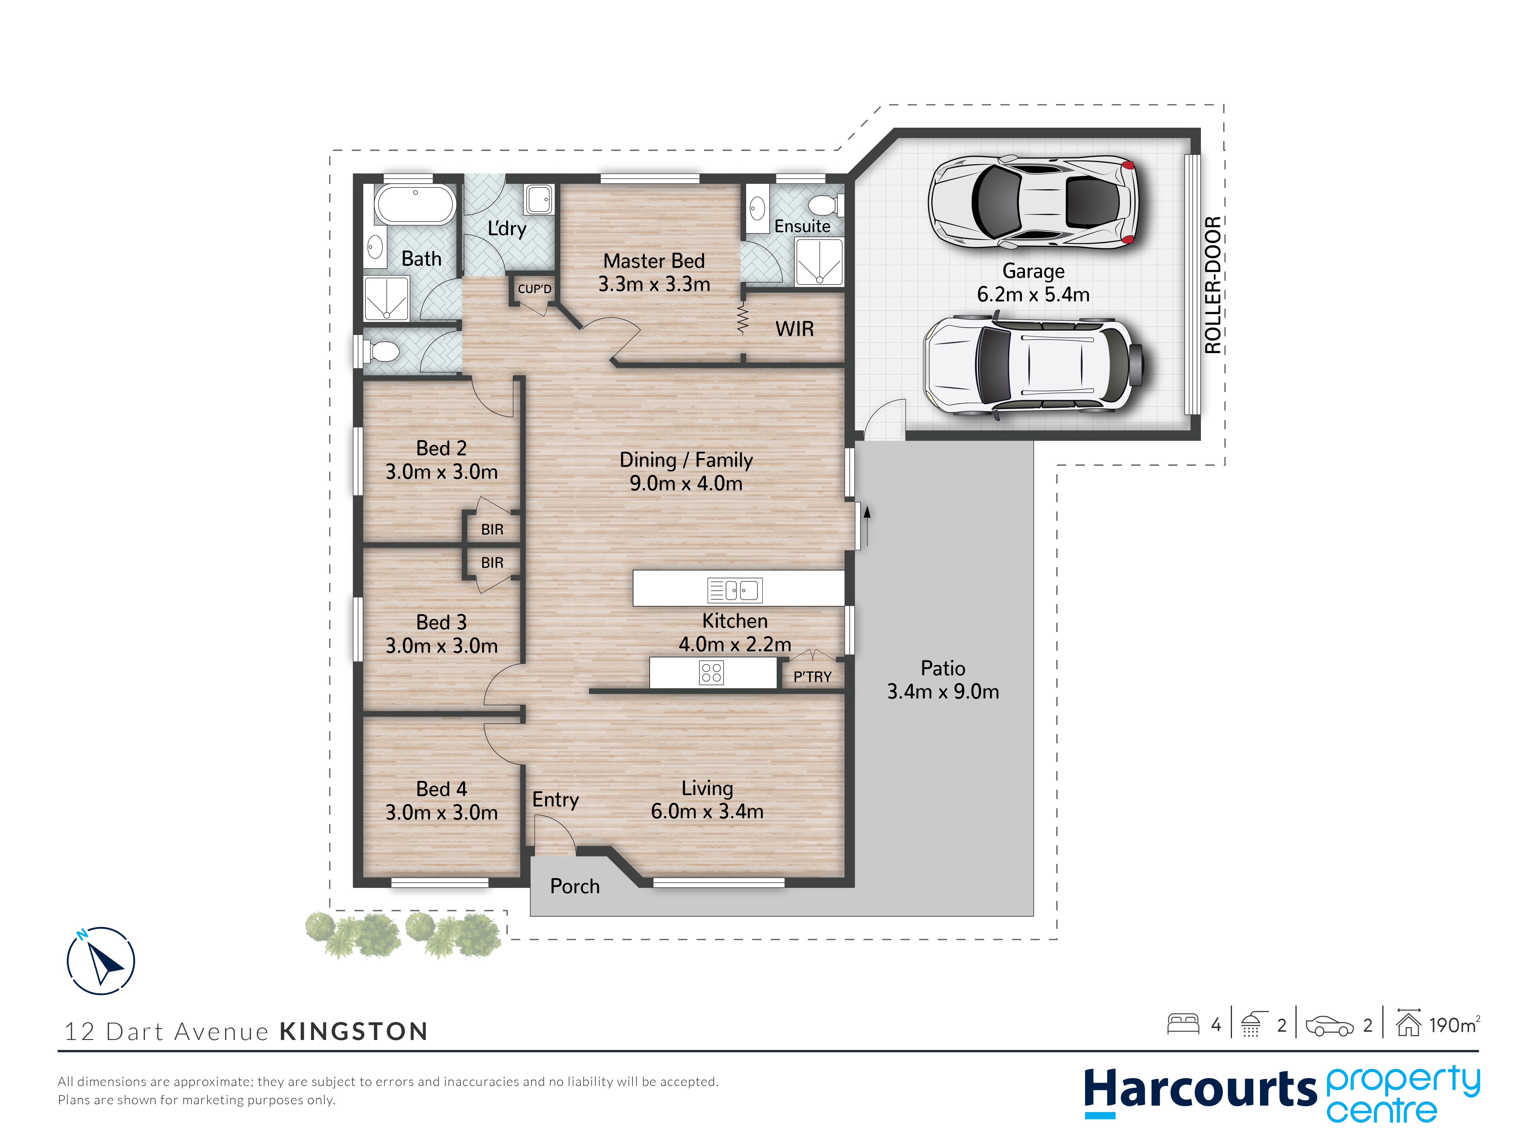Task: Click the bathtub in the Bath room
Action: click(x=415, y=204)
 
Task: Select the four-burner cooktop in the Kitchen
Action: click(x=711, y=672)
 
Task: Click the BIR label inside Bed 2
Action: click(x=492, y=529)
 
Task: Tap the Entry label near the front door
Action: click(x=555, y=800)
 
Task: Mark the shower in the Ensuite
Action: click(x=819, y=262)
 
